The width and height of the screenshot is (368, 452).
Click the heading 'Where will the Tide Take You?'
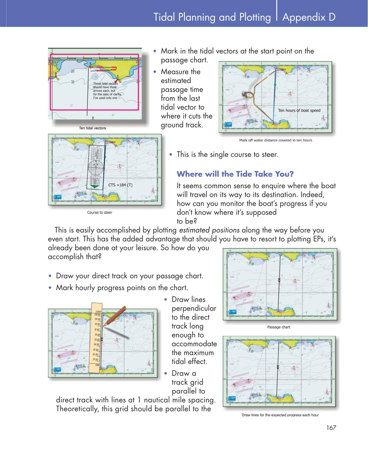tap(235, 174)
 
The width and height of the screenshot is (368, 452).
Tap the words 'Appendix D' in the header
tap(309, 17)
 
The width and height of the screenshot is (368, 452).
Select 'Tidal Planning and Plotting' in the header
tap(212, 17)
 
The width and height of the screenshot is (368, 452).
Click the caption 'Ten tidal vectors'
tap(92, 128)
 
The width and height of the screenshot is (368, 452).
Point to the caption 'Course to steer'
tap(100, 212)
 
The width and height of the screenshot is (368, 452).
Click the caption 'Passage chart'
tap(279, 327)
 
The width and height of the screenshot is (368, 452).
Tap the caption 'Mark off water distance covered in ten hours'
tap(275, 140)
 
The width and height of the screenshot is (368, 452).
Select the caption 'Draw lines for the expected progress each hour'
tap(280, 415)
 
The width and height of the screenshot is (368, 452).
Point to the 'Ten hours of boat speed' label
tap(299, 110)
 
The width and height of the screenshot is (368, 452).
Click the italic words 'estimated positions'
tap(209, 230)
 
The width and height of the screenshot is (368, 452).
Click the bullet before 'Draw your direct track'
tap(51, 276)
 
